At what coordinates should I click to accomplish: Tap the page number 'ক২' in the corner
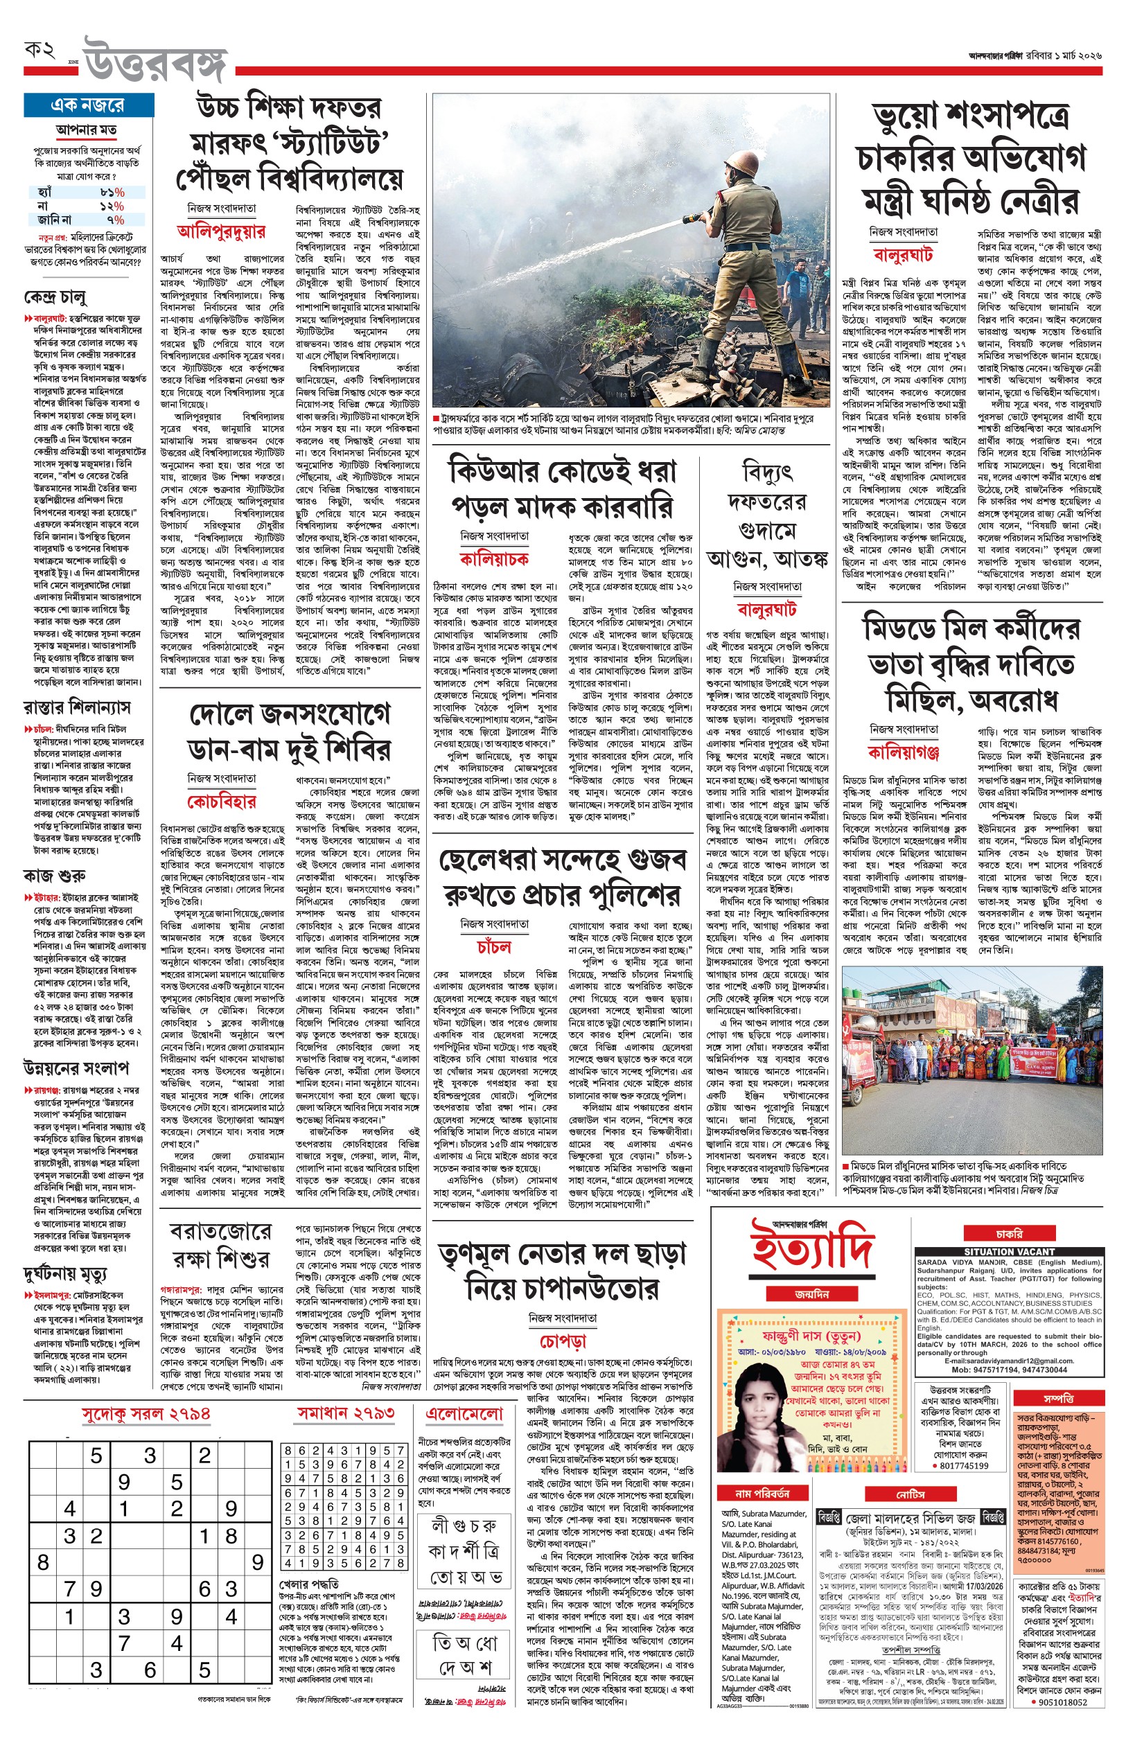pos(41,51)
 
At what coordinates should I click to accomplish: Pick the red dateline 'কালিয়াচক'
pos(494,559)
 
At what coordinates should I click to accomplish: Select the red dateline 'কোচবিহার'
pos(222,802)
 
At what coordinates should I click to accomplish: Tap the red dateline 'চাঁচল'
pos(494,947)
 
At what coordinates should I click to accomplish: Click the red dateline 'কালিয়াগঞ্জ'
pos(904,752)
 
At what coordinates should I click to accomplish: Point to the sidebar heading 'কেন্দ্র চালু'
pos(55,297)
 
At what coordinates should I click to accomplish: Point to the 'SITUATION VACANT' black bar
pos(1008,1252)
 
